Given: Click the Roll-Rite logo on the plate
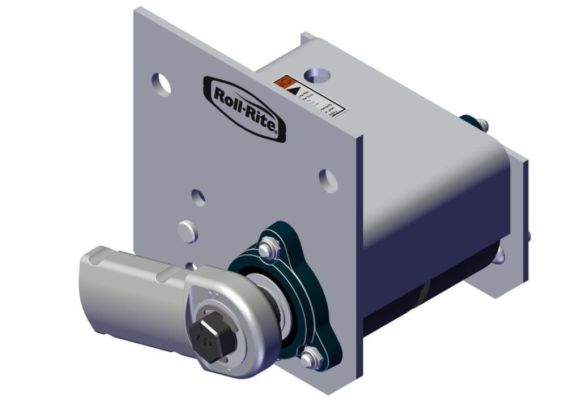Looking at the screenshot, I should (x=244, y=107).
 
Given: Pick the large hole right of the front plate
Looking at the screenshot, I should (x=327, y=178).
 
